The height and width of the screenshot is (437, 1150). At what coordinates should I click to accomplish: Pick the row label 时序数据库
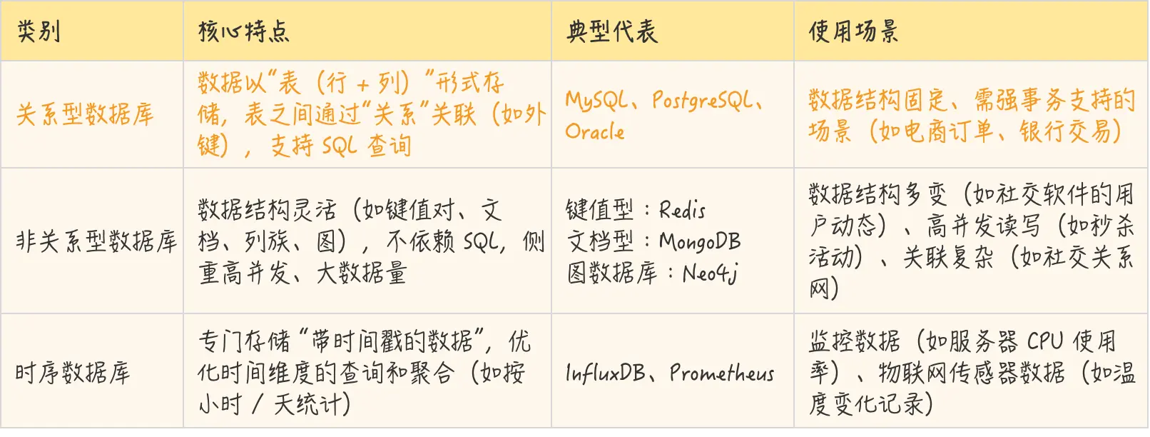[x=73, y=373]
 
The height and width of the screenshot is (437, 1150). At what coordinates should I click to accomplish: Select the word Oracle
[x=595, y=132]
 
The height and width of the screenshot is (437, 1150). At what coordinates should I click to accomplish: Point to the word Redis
[x=682, y=210]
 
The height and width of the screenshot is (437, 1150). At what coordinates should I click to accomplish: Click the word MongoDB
[x=700, y=241]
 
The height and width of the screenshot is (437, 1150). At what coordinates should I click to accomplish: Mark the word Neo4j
[x=711, y=273]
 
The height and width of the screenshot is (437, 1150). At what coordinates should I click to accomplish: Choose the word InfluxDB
[x=605, y=373]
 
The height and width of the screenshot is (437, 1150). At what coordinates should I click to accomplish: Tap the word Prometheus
[x=722, y=373]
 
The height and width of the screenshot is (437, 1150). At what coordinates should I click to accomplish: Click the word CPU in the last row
[x=1044, y=341]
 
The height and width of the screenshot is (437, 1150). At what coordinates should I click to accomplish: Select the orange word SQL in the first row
[x=340, y=146]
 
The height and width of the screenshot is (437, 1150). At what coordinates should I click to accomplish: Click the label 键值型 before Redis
[x=599, y=210]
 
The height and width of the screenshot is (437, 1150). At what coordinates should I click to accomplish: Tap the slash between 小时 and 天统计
[x=258, y=405]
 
